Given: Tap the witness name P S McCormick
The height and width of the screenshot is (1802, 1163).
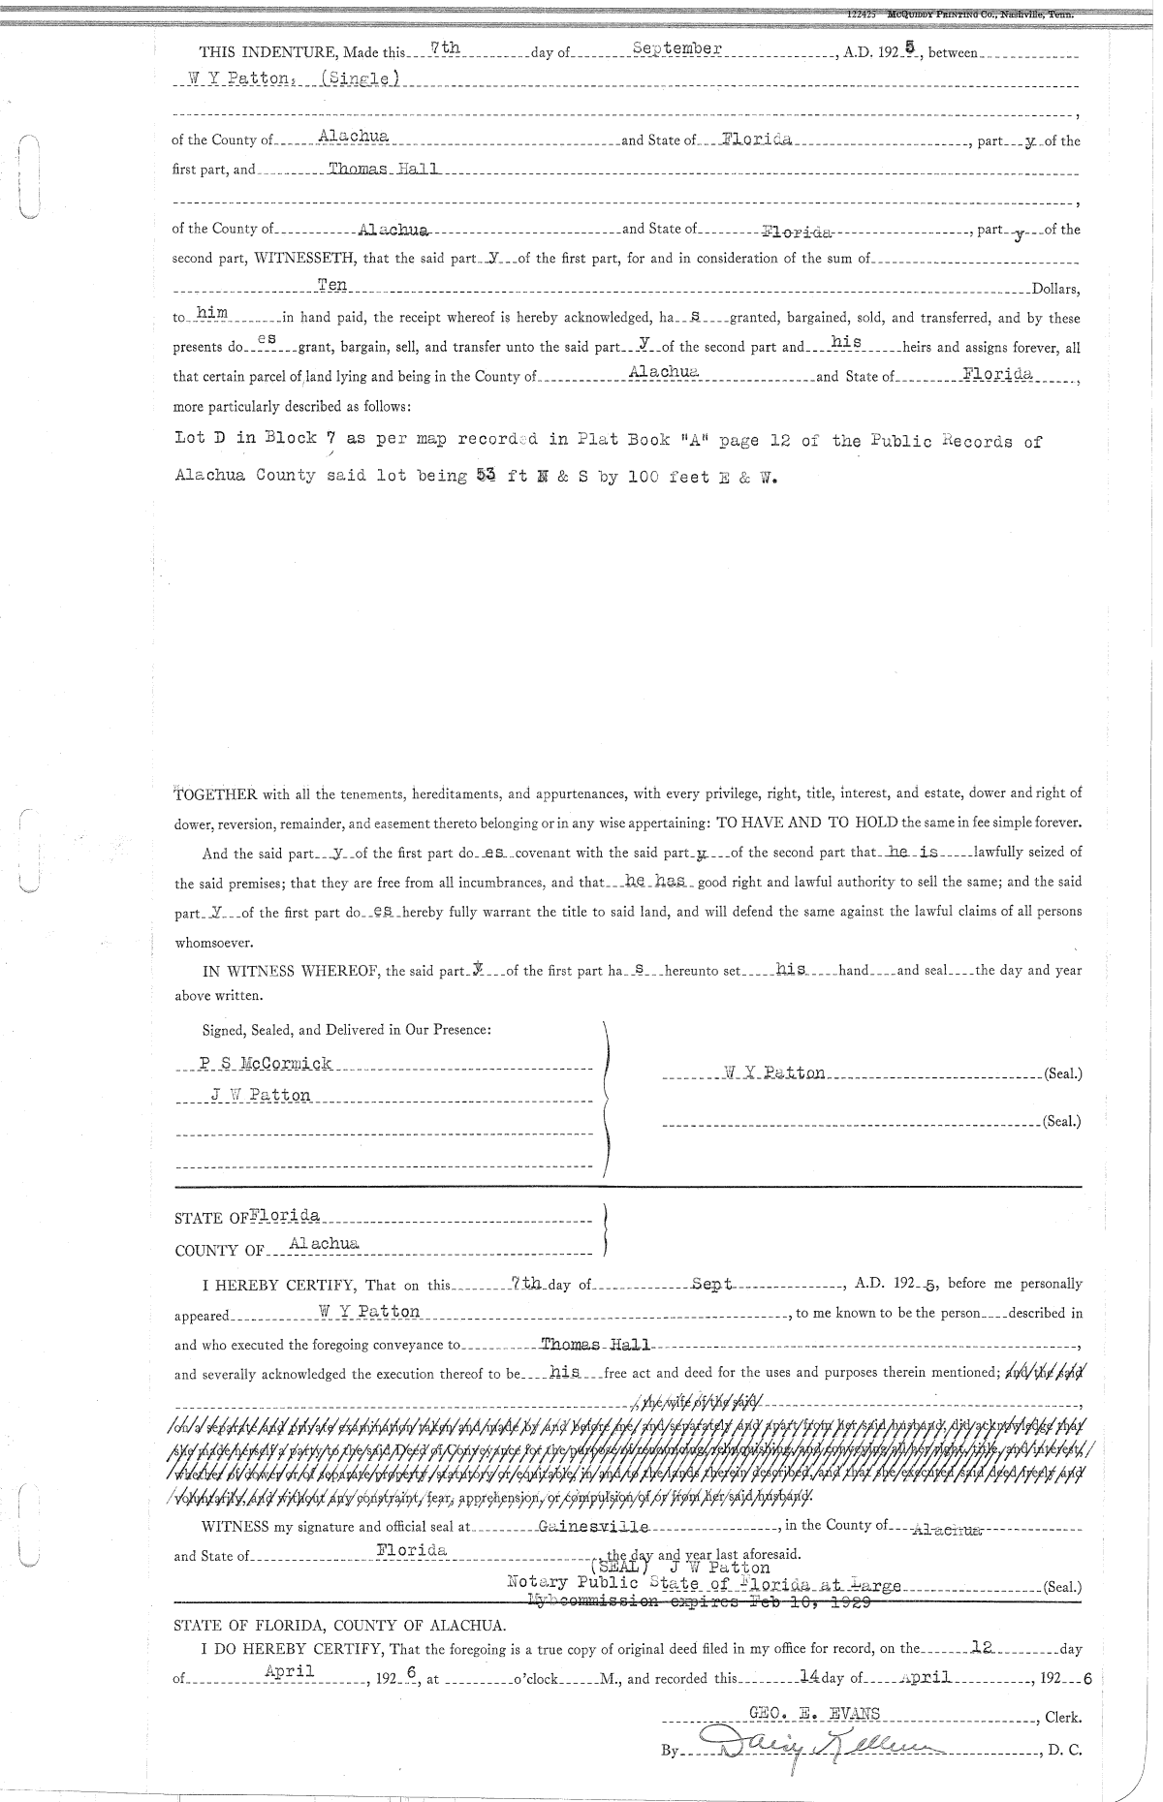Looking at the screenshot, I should tap(266, 1064).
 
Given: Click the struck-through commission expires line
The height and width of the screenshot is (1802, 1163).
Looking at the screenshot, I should tap(698, 1603).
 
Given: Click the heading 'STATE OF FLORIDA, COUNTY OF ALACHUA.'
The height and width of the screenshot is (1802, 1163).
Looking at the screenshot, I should tap(338, 1625).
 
